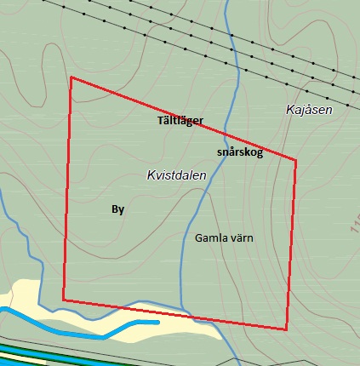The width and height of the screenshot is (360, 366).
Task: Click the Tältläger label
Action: pos(180,121)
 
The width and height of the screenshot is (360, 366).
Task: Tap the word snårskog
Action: pos(240,152)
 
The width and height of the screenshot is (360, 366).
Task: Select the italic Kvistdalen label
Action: pos(176,174)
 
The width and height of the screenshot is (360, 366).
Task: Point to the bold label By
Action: pos(118,209)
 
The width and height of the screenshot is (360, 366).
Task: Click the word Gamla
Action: pos(210,237)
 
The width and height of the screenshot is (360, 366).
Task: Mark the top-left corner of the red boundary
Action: pos(71,77)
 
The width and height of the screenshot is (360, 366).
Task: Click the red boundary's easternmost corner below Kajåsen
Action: pos(296,159)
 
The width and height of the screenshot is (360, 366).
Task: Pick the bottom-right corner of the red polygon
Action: pos(286,329)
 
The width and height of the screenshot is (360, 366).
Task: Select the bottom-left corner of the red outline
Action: pos(63,300)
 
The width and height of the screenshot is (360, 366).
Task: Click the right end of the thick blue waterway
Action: pos(158,322)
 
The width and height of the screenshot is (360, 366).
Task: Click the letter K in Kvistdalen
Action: pos(151,174)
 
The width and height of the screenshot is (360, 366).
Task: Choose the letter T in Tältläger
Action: pos(161,121)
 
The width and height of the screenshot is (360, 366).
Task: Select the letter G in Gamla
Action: pos(198,237)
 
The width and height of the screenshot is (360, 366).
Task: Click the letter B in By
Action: pos(115,209)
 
